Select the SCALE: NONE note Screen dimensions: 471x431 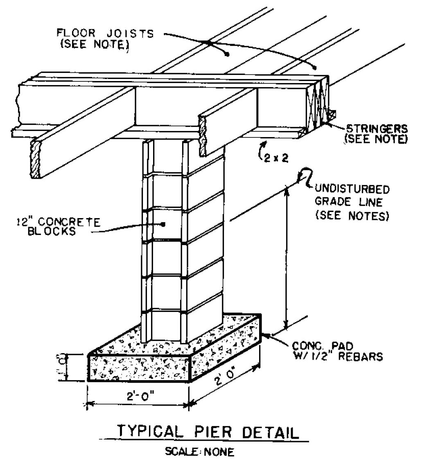click(200, 452)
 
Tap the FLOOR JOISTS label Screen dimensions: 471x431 click(105, 39)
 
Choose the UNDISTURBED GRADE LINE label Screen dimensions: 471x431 click(352, 202)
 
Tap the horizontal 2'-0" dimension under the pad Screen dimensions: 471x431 click(138, 397)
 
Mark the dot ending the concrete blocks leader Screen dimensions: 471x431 click(163, 224)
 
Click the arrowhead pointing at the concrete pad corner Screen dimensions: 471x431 click(264, 335)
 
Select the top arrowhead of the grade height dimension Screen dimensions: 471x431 click(287, 189)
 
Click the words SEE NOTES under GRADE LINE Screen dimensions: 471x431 click(352, 215)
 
